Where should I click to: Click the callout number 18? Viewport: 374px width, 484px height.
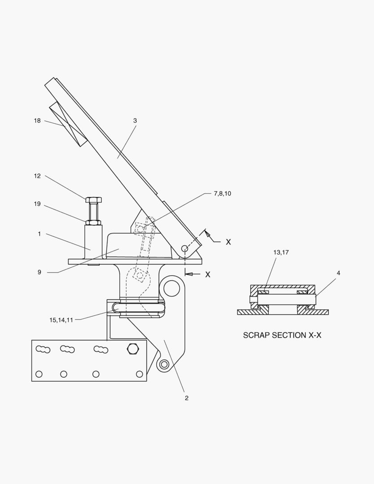point(37,121)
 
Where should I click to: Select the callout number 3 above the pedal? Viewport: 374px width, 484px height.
point(135,121)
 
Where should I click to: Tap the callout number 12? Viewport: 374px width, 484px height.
point(37,176)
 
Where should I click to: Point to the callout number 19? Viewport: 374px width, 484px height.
point(37,204)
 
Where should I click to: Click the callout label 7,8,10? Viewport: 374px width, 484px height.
point(222,194)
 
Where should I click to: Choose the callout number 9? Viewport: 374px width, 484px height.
point(39,272)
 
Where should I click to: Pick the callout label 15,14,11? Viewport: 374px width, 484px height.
point(61,320)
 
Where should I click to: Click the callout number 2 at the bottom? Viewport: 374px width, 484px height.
point(186,398)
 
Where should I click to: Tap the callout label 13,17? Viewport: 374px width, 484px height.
point(281,252)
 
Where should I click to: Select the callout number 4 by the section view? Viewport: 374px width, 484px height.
point(338,272)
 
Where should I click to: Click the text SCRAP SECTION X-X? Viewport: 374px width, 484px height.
point(282,335)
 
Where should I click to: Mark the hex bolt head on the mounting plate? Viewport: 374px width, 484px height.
point(132,348)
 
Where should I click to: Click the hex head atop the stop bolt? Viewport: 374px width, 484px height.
point(93,199)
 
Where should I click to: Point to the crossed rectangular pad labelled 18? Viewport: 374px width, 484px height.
point(68,123)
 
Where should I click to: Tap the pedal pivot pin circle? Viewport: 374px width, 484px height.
point(184,248)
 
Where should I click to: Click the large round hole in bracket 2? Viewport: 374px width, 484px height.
point(172,289)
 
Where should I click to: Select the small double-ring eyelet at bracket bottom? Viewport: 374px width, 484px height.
point(164,364)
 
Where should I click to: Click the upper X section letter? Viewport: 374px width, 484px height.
point(228,242)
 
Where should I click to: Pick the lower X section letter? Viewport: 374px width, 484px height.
point(207,274)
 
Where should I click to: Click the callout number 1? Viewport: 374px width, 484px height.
point(39,234)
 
